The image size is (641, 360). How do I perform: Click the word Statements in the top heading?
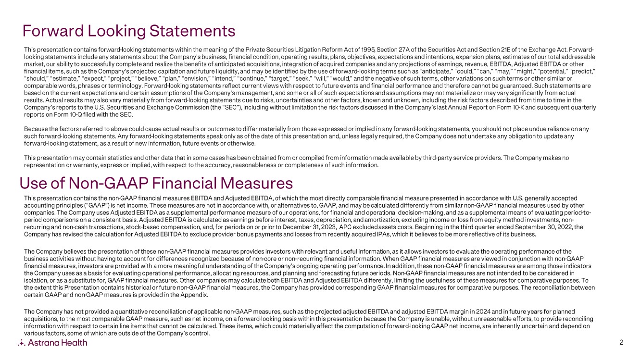[192, 31]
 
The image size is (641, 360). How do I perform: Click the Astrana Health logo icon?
[21, 343]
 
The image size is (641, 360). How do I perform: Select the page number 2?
[622, 343]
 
